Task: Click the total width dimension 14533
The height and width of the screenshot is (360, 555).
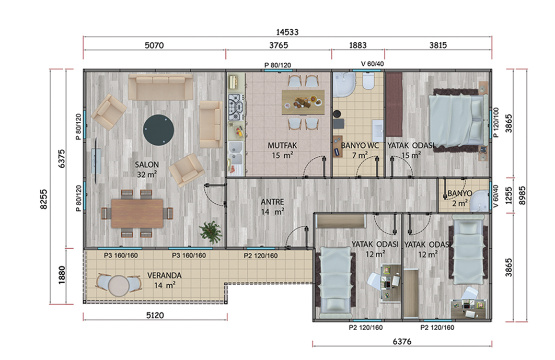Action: [x=287, y=32]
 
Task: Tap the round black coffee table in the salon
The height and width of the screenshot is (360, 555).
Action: [x=158, y=130]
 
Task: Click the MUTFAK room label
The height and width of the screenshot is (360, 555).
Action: [x=282, y=145]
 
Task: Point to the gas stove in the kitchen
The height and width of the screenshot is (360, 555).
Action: [x=236, y=107]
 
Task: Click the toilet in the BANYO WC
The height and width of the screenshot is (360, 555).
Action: [x=368, y=81]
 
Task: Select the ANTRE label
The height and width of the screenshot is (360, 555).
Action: [x=272, y=202]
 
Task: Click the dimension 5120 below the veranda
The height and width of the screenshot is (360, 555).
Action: [x=155, y=316]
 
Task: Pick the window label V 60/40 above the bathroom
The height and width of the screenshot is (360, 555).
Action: [x=372, y=64]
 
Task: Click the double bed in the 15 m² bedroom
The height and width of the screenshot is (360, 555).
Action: [x=457, y=120]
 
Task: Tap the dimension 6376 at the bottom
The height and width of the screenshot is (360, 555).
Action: [x=402, y=342]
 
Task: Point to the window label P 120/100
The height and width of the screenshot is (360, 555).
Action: [x=496, y=122]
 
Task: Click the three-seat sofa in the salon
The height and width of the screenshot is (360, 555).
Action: [x=160, y=87]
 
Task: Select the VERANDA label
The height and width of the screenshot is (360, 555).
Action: [x=164, y=275]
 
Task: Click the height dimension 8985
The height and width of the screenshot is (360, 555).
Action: [x=522, y=195]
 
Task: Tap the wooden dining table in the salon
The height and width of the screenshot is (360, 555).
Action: [x=137, y=214]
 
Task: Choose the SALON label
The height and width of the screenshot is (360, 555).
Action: [x=146, y=165]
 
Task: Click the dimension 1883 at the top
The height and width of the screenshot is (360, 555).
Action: [x=358, y=45]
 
